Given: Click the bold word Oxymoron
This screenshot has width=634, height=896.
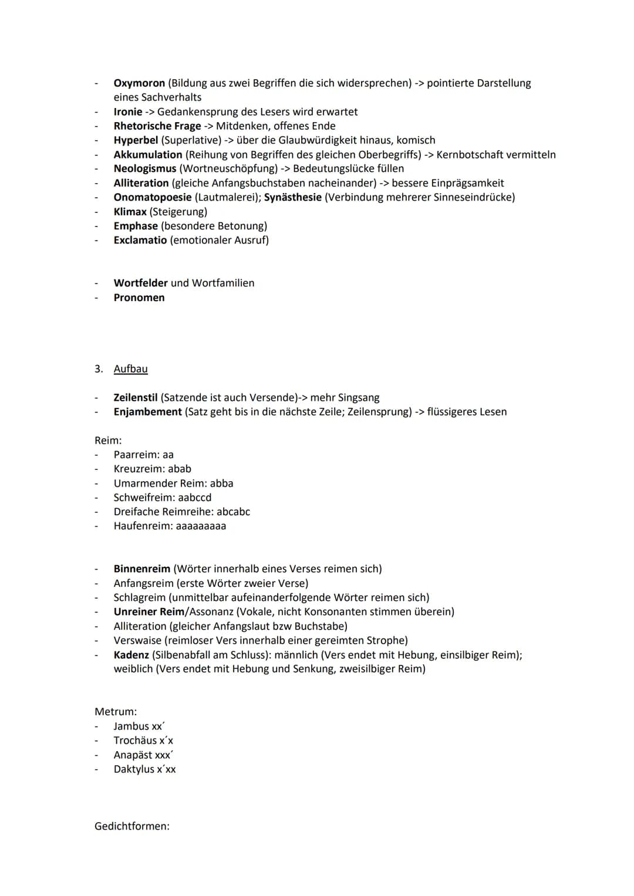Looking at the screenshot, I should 139,83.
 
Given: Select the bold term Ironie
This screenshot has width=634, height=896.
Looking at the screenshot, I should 128,111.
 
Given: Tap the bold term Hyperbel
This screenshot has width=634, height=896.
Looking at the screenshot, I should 136,140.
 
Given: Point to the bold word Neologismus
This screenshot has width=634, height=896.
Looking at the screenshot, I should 145,168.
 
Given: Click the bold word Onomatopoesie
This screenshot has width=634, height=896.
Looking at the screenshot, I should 153,197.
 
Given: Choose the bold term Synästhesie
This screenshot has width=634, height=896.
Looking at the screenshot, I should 292,197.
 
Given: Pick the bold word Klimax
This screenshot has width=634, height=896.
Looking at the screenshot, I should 130,212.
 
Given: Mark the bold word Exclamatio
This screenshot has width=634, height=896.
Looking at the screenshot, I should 140,240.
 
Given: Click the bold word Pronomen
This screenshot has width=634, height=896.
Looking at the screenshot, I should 139,297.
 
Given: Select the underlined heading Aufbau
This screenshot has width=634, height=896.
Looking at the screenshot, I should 130,369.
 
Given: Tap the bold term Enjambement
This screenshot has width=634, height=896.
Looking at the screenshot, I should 147,412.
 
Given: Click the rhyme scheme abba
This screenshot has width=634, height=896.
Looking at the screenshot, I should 221,483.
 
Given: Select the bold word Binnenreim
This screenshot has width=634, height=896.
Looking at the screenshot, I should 141,569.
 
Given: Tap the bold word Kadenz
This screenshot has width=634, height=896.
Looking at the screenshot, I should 131,655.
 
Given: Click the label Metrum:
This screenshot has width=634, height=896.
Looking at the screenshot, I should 116,712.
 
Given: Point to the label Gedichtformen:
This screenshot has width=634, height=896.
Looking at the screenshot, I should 132,826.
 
